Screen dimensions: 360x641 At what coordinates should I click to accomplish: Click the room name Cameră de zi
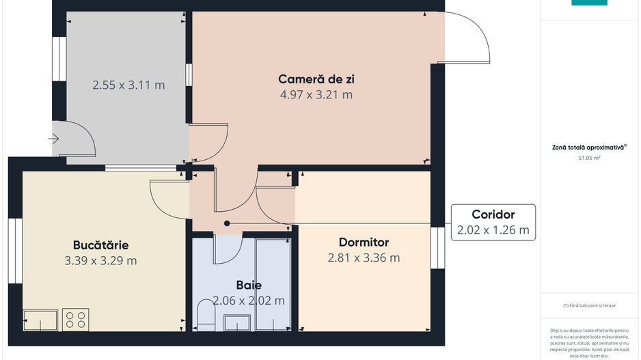(x=316, y=79)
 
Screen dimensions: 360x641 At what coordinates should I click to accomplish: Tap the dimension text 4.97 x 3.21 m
(x=316, y=95)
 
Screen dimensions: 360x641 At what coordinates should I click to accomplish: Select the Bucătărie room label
(x=100, y=245)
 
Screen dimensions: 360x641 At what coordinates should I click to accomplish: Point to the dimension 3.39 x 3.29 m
(x=100, y=260)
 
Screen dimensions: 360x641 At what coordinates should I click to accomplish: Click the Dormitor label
(x=364, y=242)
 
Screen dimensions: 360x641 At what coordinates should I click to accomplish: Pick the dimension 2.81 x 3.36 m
(x=364, y=258)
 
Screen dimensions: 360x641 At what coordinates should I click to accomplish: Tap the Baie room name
(x=249, y=286)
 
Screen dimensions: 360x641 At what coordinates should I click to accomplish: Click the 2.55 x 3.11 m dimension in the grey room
(x=128, y=85)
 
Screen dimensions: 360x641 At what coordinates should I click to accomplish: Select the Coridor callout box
(x=493, y=222)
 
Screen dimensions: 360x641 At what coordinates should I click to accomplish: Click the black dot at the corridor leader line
(x=227, y=223)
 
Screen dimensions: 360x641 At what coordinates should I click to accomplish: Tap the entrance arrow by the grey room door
(x=54, y=139)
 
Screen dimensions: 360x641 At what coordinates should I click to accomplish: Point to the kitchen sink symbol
(x=40, y=320)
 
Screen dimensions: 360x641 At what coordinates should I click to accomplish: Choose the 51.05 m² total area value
(x=589, y=158)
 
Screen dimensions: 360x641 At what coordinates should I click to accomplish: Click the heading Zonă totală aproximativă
(x=589, y=146)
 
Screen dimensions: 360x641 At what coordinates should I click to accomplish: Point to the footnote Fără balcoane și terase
(x=589, y=305)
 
